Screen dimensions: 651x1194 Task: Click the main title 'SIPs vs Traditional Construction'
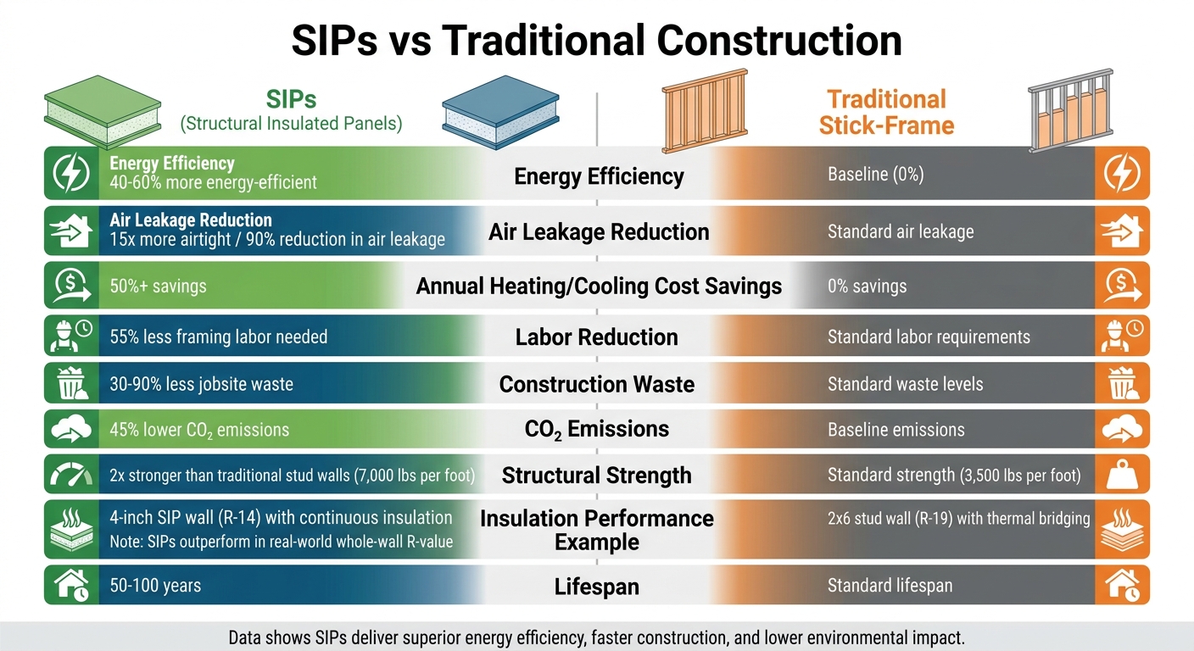[x=596, y=42]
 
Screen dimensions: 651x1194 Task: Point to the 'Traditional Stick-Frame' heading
[x=886, y=113]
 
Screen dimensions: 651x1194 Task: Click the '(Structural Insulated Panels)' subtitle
[x=291, y=124]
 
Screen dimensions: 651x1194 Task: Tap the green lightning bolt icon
[x=71, y=173]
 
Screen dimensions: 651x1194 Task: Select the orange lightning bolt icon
[x=1122, y=173]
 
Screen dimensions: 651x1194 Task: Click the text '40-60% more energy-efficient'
[x=213, y=182]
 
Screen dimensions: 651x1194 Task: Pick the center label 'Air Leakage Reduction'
[x=599, y=231]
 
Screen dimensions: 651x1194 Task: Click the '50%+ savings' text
[x=158, y=287]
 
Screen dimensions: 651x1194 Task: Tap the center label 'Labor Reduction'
[x=596, y=337]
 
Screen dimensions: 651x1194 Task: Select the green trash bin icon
[x=71, y=383]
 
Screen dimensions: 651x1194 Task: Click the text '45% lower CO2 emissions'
[x=199, y=431]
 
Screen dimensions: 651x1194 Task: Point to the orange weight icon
[x=1122, y=475]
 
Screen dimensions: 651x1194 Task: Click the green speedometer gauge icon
[x=71, y=475]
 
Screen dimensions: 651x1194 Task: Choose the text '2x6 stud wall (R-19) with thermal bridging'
[x=958, y=519]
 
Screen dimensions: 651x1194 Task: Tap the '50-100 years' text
[x=155, y=586]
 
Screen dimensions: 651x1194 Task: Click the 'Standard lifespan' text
[x=890, y=586]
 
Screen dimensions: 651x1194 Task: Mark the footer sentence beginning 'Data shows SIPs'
[x=596, y=637]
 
